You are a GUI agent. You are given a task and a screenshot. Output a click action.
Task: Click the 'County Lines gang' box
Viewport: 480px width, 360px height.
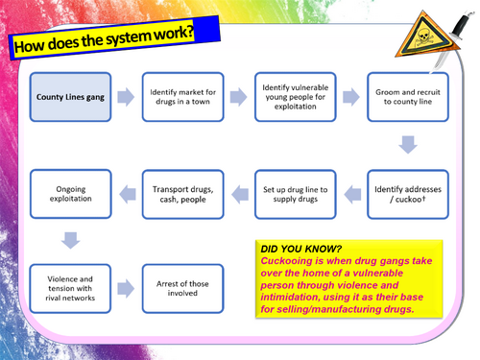coord(70,97)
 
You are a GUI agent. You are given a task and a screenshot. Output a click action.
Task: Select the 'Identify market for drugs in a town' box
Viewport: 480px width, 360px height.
coord(183,97)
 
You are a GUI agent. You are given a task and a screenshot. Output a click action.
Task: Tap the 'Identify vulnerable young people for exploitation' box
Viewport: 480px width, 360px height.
coord(296,97)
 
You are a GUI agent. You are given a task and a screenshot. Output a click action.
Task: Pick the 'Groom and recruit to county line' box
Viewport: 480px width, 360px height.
coord(408,97)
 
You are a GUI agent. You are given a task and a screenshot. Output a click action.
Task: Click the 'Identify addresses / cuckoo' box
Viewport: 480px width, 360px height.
coord(408,194)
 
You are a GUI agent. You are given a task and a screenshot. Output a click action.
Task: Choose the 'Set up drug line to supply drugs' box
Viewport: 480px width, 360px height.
coord(296,194)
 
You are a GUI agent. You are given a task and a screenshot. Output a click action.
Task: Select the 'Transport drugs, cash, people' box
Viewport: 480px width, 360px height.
coord(183,194)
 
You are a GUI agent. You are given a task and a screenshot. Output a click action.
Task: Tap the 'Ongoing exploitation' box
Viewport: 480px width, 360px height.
coord(71,194)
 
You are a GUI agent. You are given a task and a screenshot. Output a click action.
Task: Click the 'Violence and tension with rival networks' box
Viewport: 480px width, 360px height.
coord(70,289)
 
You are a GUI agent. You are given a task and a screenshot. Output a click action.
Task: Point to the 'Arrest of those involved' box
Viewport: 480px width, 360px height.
coord(183,289)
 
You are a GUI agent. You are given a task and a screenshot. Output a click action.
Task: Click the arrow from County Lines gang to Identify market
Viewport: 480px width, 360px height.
coord(126,97)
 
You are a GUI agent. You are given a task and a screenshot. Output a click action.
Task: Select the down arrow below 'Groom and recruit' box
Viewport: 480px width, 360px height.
coord(408,145)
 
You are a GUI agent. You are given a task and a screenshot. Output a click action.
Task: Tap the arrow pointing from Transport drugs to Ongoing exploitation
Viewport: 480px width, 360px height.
coord(128,194)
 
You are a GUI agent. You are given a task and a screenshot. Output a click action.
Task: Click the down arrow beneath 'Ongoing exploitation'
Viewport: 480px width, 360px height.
coord(70,240)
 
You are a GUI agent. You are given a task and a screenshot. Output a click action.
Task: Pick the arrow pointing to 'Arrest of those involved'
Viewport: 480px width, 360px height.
coord(126,289)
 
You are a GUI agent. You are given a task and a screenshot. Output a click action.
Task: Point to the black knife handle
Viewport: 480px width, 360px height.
coord(461,26)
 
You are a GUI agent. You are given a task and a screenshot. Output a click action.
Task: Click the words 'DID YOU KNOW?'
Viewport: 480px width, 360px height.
coord(301,249)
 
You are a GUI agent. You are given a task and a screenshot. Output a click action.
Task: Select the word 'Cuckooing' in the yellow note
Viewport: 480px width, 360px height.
coord(286,261)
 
